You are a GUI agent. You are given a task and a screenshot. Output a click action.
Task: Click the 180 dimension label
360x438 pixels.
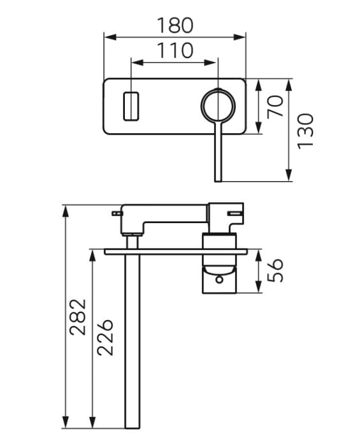point(175,26)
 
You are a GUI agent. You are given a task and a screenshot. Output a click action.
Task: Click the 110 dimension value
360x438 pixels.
point(175,50)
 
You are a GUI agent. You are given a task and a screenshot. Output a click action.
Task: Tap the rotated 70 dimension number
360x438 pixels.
point(275,106)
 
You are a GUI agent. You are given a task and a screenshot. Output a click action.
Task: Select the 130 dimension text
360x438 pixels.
point(305,131)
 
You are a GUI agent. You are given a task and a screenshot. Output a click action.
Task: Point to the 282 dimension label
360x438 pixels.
point(78,317)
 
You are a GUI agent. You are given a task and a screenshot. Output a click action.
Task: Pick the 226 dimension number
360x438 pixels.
point(105,337)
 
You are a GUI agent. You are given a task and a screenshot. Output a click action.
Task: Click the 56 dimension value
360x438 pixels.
point(275,270)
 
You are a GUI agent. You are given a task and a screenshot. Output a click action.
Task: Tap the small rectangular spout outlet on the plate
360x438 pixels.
point(131,106)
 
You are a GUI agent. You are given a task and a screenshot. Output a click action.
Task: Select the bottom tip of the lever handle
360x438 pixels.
point(218,181)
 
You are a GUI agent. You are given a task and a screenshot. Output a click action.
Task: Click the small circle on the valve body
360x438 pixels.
point(220,279)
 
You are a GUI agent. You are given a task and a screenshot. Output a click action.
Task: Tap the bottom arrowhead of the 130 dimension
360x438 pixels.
point(289,175)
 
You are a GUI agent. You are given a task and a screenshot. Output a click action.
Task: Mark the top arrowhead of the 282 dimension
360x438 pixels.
point(65,212)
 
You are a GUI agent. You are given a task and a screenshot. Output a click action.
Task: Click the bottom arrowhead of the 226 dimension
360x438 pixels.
point(92,430)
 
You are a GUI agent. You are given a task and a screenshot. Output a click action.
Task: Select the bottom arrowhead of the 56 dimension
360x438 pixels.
point(259,287)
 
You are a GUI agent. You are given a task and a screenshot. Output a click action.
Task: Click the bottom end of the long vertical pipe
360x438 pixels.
point(132,435)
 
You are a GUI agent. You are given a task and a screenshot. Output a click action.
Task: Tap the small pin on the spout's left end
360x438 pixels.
point(117,214)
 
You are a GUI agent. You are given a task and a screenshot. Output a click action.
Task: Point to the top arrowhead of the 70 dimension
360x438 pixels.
point(259,85)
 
